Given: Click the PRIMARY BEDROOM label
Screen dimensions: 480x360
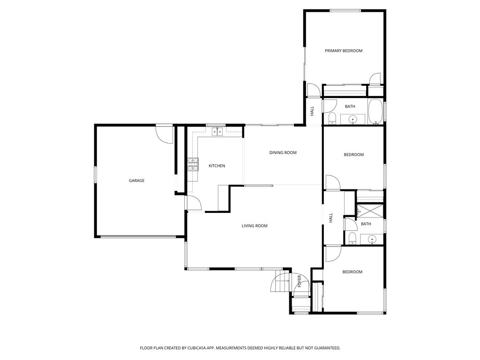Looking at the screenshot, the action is click(x=344, y=51).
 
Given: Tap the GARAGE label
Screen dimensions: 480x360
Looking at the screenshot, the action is click(x=136, y=180).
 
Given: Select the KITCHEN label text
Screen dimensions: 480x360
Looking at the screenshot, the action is click(x=217, y=166).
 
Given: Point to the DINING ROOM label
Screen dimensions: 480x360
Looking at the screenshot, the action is click(x=283, y=153).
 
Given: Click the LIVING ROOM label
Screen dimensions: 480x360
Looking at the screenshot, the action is click(x=255, y=226).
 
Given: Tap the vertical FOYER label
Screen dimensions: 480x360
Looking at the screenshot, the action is click(x=300, y=281).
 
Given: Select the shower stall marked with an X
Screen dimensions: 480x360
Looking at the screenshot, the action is click(x=370, y=211).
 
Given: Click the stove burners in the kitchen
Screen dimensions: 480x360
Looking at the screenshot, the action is click(x=193, y=165).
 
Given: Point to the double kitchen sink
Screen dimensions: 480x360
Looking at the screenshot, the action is click(x=217, y=131).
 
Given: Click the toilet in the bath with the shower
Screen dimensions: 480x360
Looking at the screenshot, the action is click(x=352, y=239).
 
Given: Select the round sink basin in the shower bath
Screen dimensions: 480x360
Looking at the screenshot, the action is click(x=372, y=239).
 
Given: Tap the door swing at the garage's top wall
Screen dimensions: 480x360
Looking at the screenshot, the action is click(x=165, y=135).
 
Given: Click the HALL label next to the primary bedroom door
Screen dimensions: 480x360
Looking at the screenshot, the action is click(x=312, y=111).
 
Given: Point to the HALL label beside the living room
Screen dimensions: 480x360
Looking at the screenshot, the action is click(x=330, y=218).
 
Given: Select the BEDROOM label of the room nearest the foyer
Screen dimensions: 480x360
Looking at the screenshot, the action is click(x=352, y=272).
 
